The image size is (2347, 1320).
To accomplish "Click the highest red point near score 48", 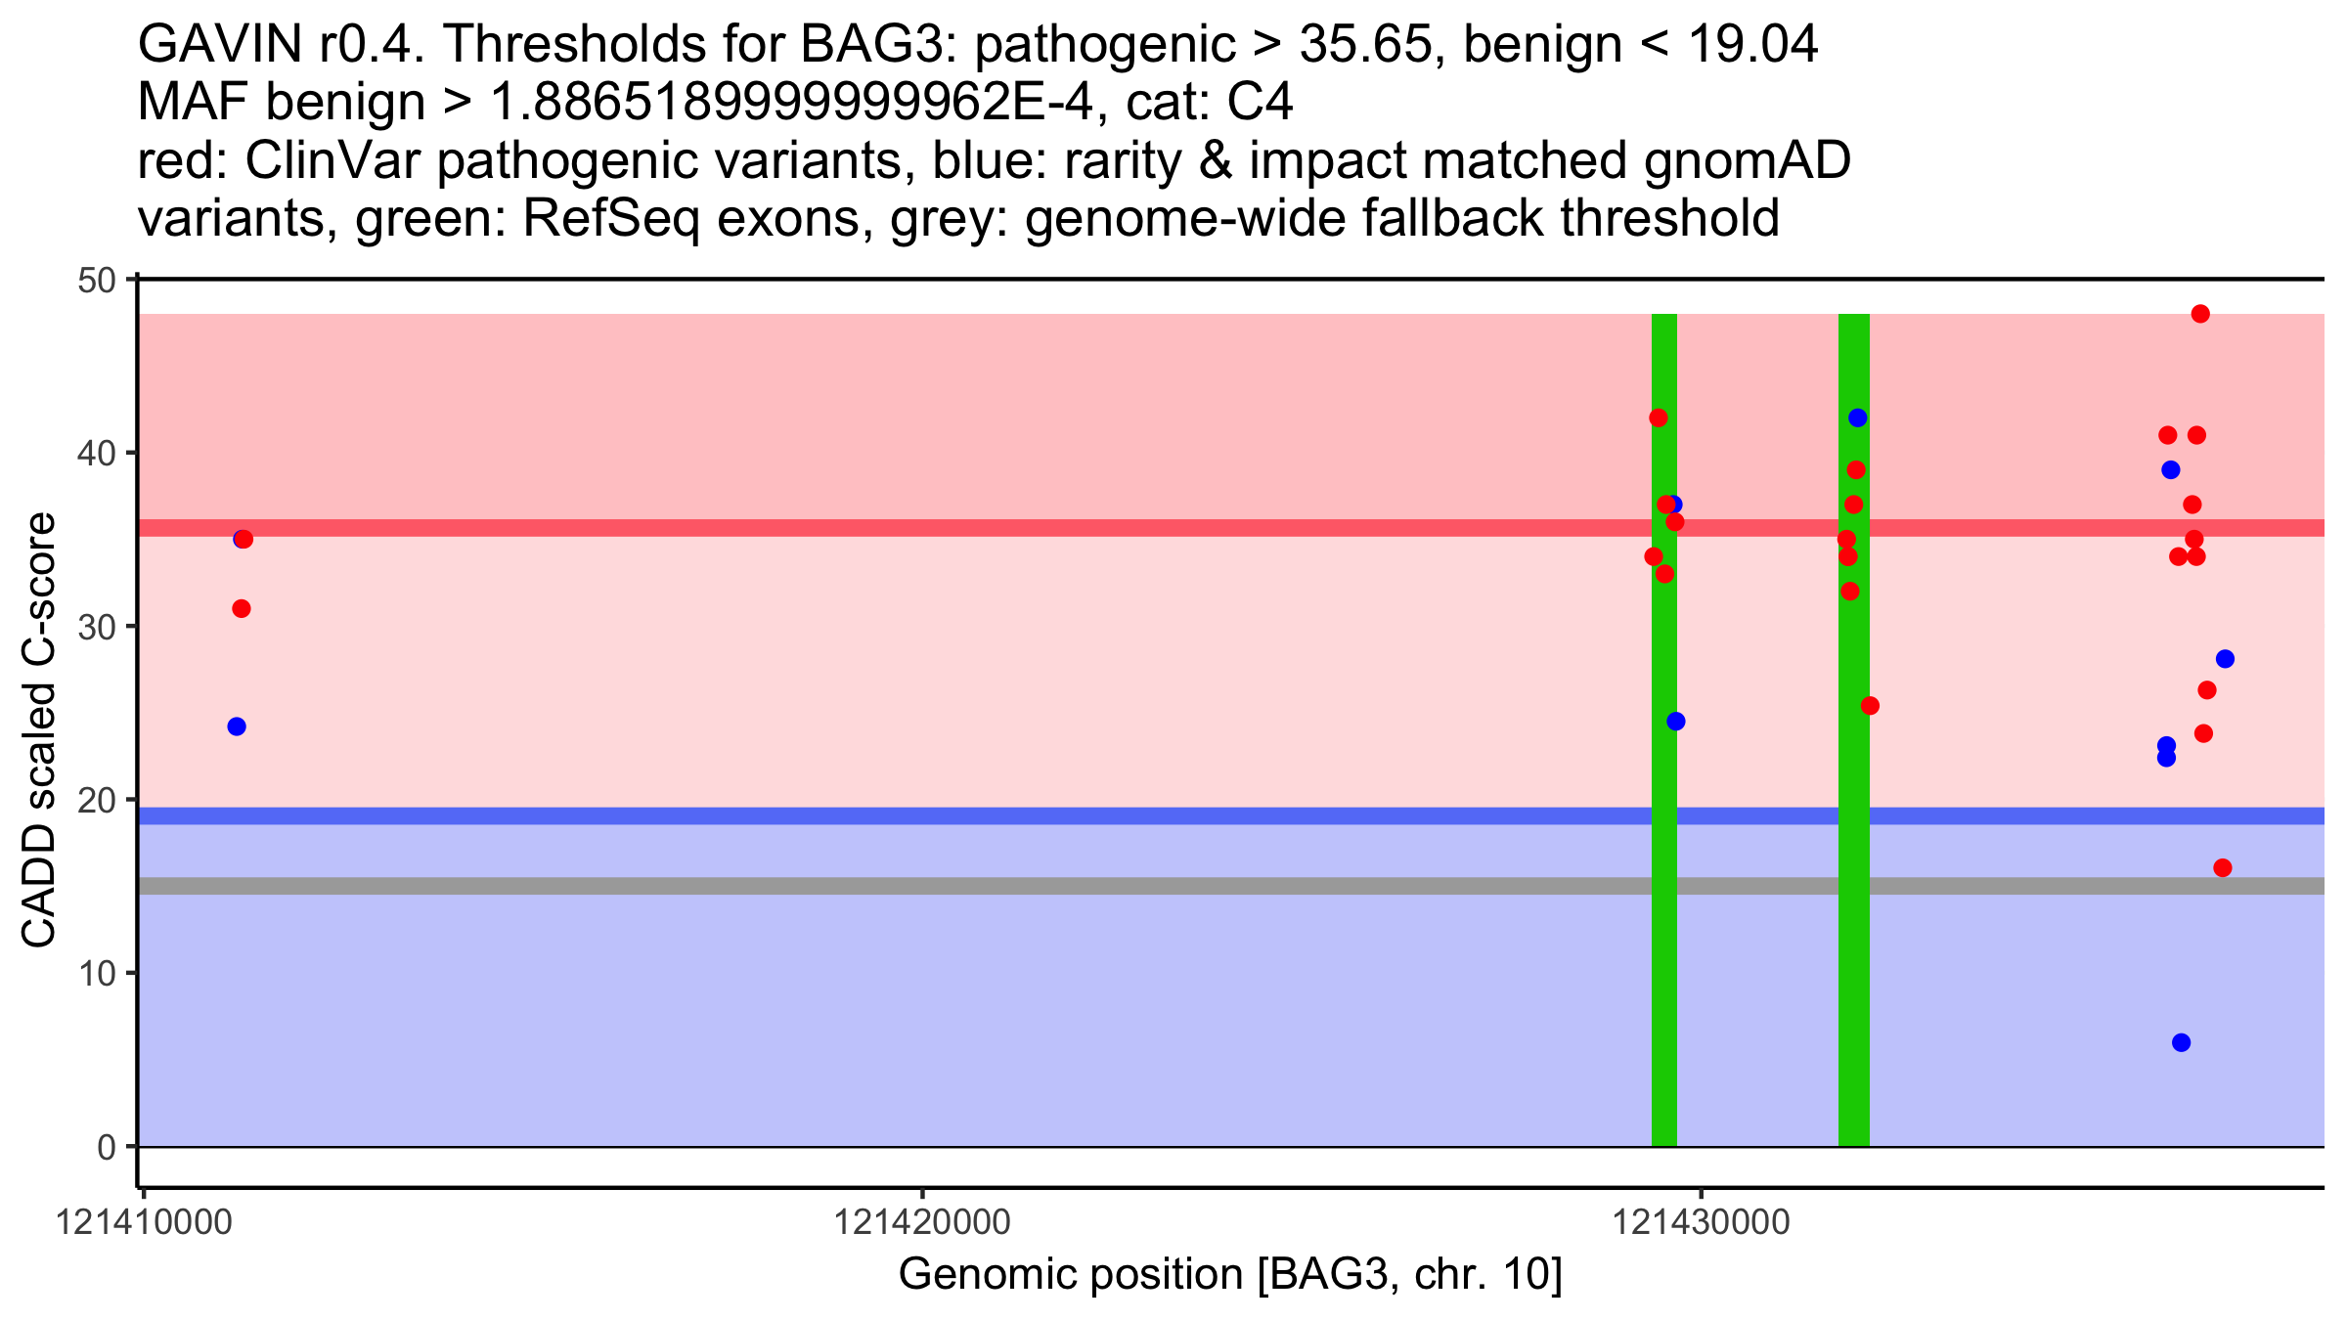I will pyautogui.click(x=2200, y=314).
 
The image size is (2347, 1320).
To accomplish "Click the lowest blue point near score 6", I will pyautogui.click(x=2181, y=1042).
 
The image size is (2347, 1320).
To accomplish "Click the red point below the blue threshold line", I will pyautogui.click(x=2223, y=868).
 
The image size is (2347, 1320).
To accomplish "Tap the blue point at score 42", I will pyautogui.click(x=1858, y=418).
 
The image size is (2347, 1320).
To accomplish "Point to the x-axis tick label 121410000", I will pyautogui.click(x=145, y=1222).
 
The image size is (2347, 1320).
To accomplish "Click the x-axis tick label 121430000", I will pyautogui.click(x=1701, y=1222).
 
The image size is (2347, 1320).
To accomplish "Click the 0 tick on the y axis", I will pyautogui.click(x=106, y=1147).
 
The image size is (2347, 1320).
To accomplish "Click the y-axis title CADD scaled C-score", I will pyautogui.click(x=39, y=731).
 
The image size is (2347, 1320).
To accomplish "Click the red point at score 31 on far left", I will pyautogui.click(x=242, y=609).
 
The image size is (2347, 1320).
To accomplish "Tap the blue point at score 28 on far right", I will pyautogui.click(x=2225, y=659).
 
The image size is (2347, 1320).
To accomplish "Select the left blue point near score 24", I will pyautogui.click(x=237, y=726).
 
